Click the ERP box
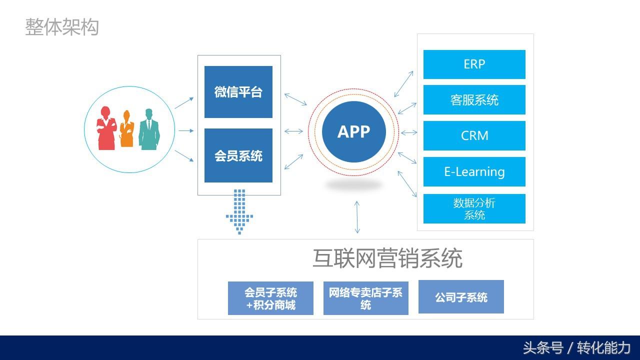(474, 64)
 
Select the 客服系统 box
(474, 99)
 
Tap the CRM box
(474, 135)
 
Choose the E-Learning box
(474, 171)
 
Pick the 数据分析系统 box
(474, 208)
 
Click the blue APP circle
(353, 131)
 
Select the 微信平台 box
(238, 92)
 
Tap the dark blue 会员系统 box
(238, 155)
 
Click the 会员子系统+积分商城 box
(270, 298)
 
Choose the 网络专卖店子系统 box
(365, 298)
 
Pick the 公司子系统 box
(461, 297)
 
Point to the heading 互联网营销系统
(387, 258)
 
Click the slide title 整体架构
(62, 27)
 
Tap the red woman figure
(106, 128)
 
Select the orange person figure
(126, 129)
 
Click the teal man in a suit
(149, 129)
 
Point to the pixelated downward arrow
(239, 212)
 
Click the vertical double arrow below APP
(357, 217)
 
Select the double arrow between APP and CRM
(409, 132)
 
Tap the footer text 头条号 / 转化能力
(576, 348)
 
